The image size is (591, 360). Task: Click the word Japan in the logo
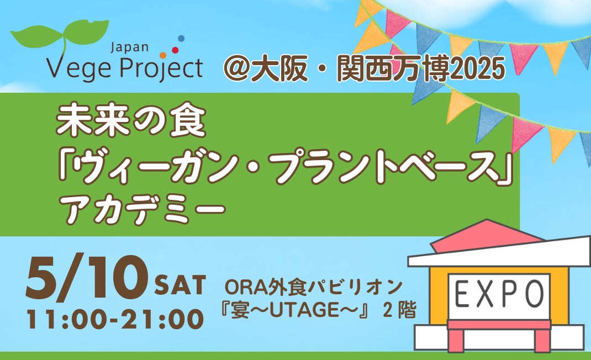[129, 47]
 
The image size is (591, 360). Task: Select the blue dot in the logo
[181, 38]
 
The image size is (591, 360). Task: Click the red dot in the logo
[175, 50]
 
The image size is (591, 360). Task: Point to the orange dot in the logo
[163, 55]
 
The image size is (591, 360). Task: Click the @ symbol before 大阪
[236, 68]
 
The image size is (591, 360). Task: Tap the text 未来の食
[131, 121]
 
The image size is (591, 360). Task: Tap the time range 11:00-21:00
[115, 319]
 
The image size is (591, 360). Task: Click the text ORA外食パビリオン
[314, 288]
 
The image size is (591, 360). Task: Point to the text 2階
[399, 310]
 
